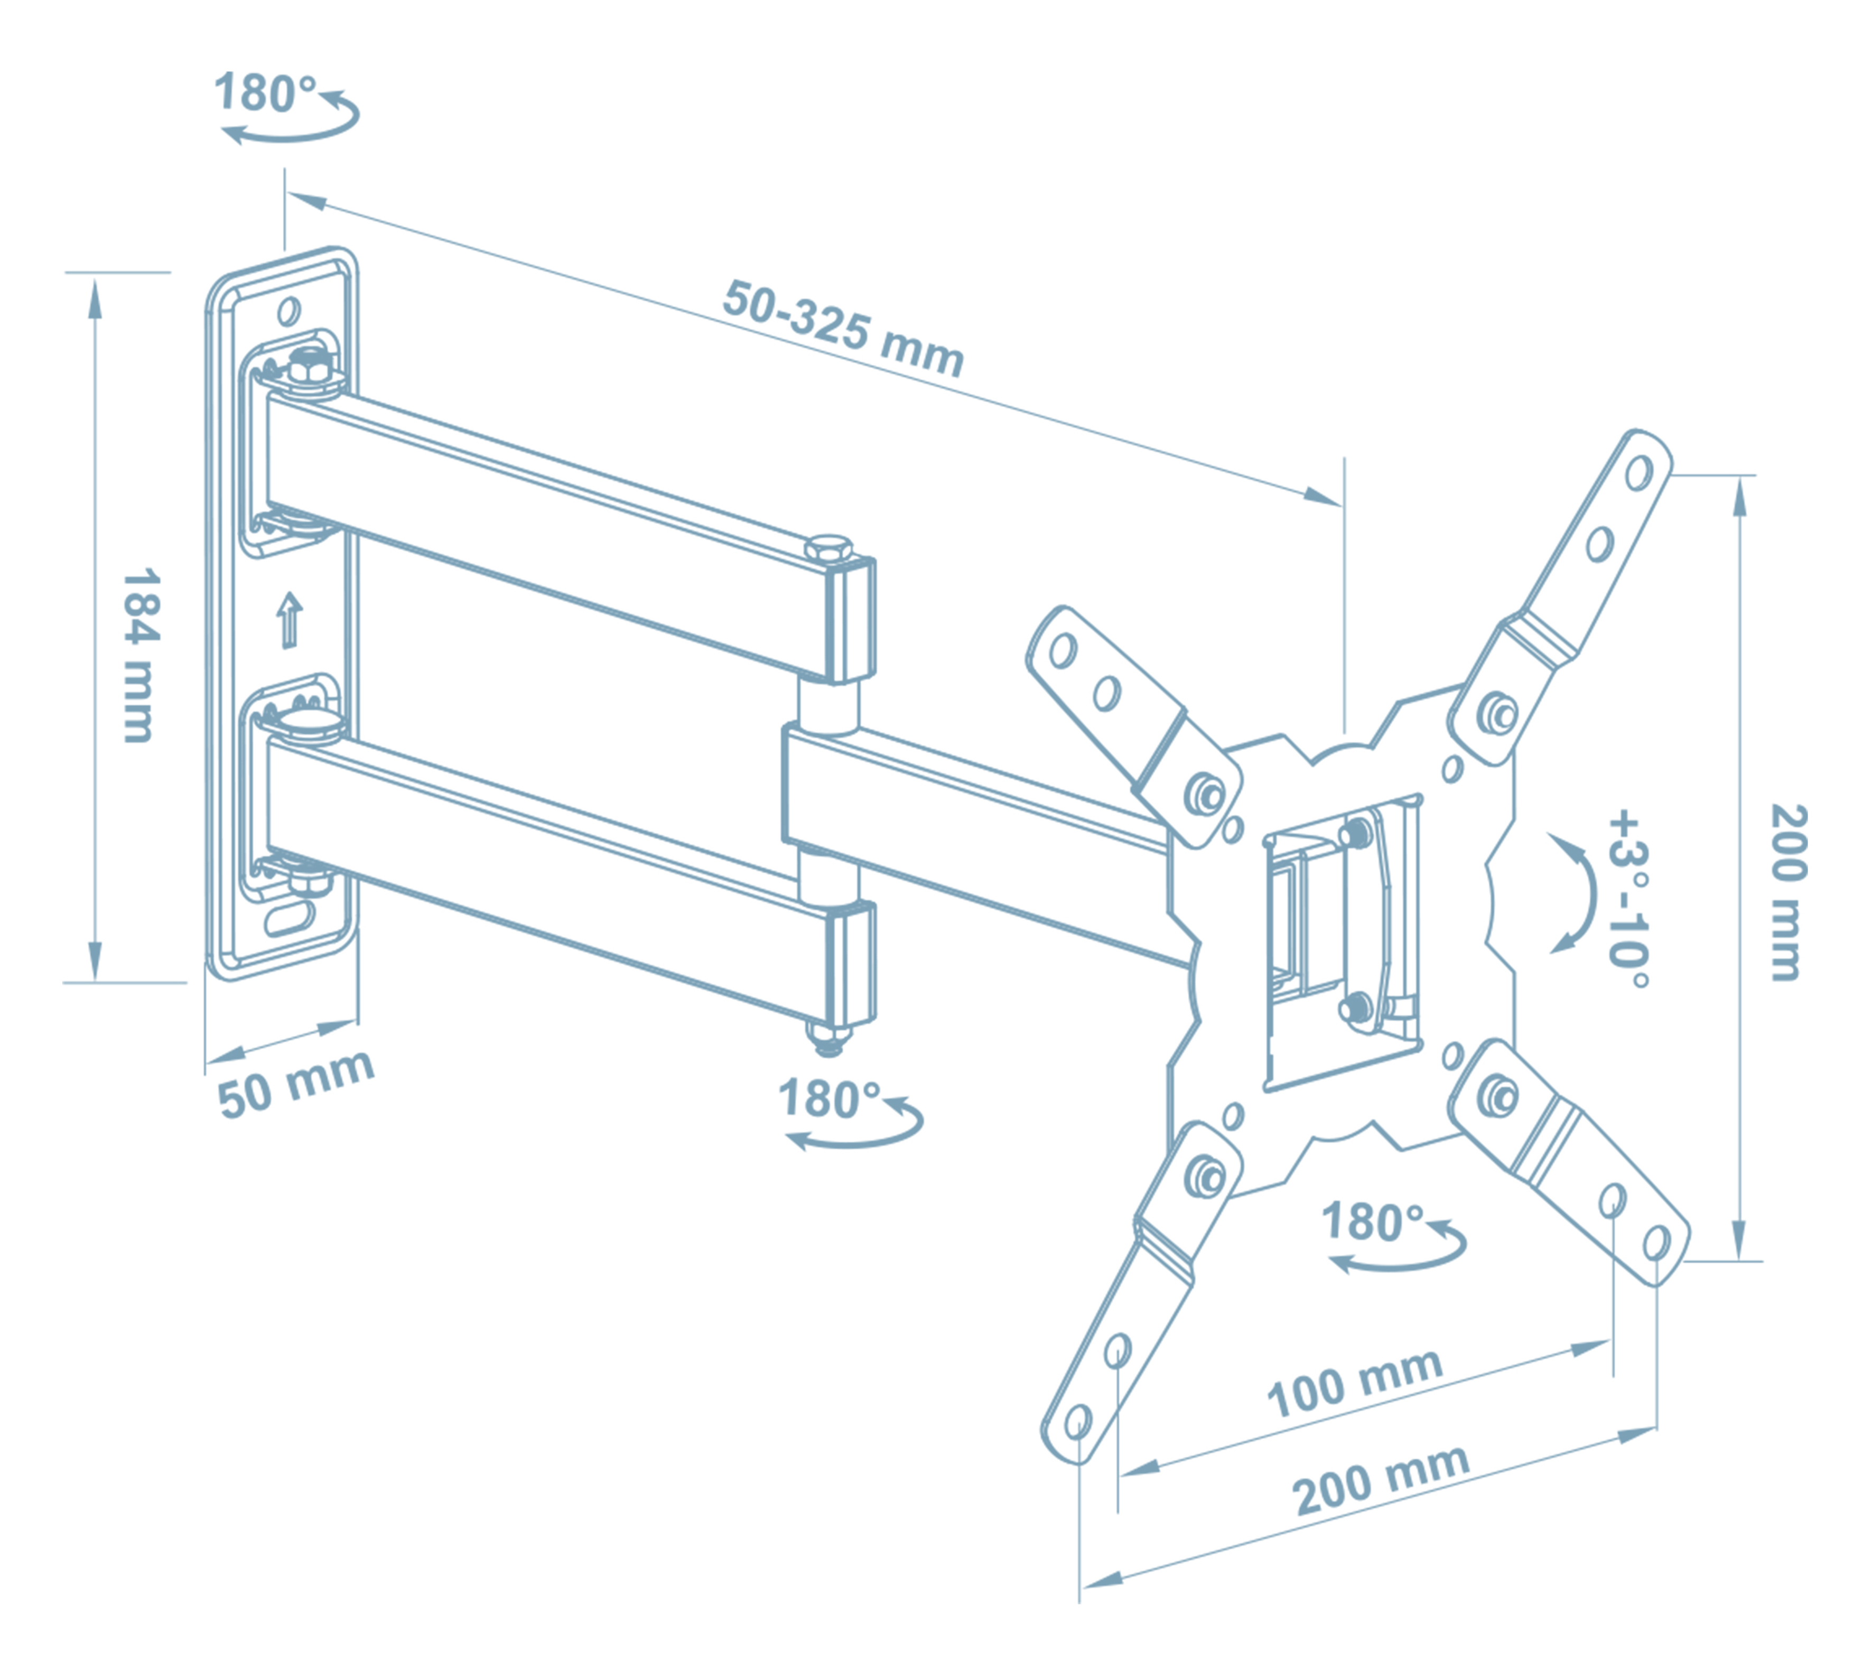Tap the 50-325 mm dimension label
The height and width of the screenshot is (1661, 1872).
(x=843, y=328)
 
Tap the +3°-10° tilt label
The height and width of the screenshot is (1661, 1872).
(x=1630, y=898)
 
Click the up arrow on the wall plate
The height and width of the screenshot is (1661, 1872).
(x=290, y=619)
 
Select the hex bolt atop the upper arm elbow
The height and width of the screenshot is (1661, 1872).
(x=829, y=549)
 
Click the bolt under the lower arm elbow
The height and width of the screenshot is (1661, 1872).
(x=829, y=1038)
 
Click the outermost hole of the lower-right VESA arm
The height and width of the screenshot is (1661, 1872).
(x=1656, y=1243)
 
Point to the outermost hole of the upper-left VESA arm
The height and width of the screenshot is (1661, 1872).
(x=1063, y=651)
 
